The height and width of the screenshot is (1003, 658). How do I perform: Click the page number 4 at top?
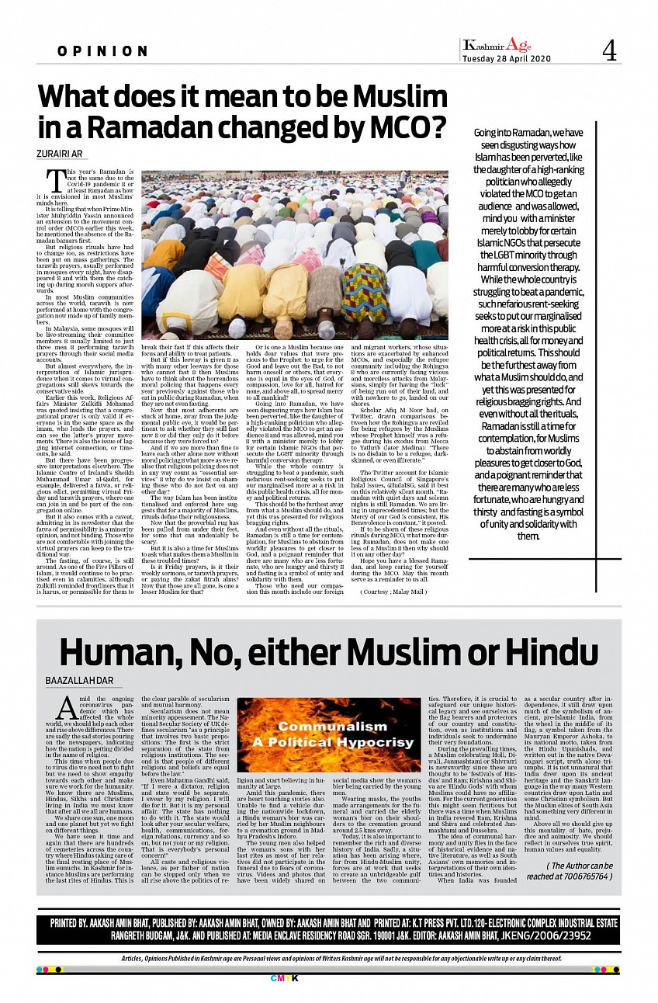[x=609, y=51]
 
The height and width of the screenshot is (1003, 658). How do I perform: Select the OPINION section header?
[x=102, y=51]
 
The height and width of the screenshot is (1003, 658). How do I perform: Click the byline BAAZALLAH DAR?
[x=79, y=681]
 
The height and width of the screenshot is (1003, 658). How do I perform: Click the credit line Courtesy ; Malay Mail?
[x=393, y=592]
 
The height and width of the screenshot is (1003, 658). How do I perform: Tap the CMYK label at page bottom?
[x=329, y=977]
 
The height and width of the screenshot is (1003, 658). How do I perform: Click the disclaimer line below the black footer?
[x=329, y=959]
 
